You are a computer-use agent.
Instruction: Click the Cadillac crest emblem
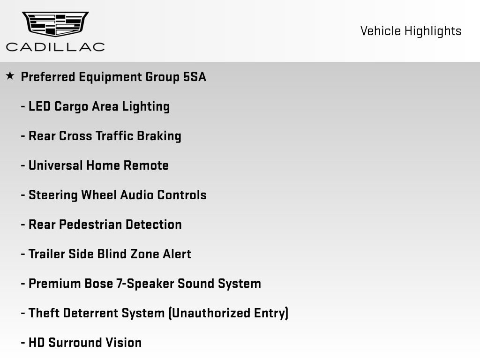55,23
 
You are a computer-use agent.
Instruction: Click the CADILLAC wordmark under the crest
55,47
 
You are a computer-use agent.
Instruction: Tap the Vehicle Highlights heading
411,31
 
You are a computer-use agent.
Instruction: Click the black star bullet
10,75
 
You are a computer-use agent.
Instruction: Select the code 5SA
195,77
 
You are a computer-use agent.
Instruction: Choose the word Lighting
146,107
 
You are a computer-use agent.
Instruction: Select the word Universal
56,165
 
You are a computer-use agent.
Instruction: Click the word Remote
146,165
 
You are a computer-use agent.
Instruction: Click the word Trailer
47,254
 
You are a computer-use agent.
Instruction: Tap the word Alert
177,254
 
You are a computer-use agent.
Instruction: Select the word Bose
98,284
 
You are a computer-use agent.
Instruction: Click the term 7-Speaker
145,284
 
